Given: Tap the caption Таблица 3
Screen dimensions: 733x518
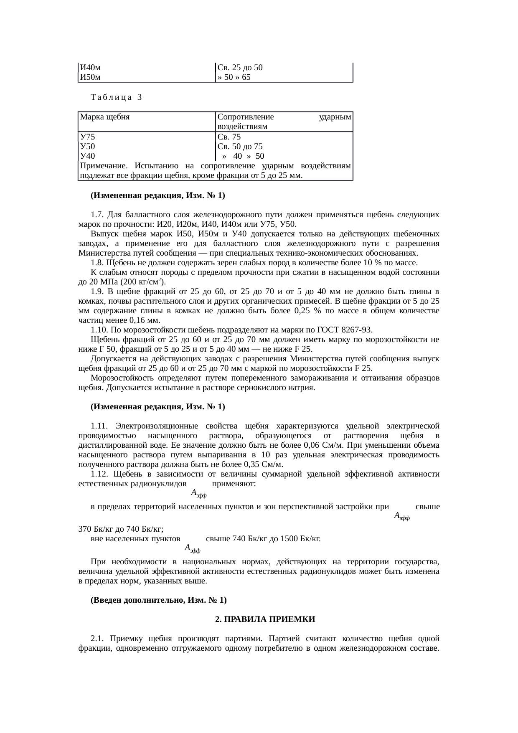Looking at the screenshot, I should click(116, 97).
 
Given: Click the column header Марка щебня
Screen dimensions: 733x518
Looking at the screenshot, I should click(105, 117).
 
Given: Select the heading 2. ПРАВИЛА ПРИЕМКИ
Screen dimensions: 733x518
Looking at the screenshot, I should click(265, 619).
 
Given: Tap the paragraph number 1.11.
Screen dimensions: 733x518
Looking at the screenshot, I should click(99, 426).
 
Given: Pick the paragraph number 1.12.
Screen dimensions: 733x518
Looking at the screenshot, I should click(99, 474).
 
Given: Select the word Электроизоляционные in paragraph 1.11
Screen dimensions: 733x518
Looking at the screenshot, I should click(157, 426).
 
